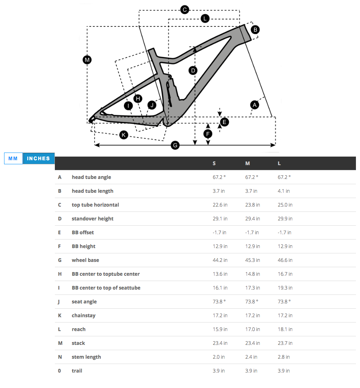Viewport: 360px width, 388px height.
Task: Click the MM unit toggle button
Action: [x=13, y=159]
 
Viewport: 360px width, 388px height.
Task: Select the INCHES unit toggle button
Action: [x=39, y=159]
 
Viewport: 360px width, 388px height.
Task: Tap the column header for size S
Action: [x=214, y=163]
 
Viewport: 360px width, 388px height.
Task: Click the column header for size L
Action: [x=279, y=163]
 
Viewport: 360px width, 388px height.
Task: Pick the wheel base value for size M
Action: [x=252, y=260]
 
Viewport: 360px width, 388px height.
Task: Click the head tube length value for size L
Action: [x=285, y=191]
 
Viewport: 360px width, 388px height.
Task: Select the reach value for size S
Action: [x=220, y=329]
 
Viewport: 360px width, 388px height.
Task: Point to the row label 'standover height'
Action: [x=92, y=219]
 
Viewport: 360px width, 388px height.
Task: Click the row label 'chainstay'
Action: [x=83, y=316]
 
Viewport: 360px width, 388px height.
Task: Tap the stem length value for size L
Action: [x=284, y=357]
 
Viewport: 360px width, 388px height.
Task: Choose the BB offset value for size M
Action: [x=252, y=233]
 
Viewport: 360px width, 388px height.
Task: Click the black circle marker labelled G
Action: [x=175, y=145]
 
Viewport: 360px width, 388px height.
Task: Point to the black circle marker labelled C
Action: [x=184, y=9]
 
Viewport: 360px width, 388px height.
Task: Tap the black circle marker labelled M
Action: [x=87, y=60]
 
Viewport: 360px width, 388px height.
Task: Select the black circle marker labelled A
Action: [x=255, y=105]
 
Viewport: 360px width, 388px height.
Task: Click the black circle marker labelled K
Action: [x=124, y=135]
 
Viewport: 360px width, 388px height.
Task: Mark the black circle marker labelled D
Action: [x=193, y=70]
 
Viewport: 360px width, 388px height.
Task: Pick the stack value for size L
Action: [x=285, y=343]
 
